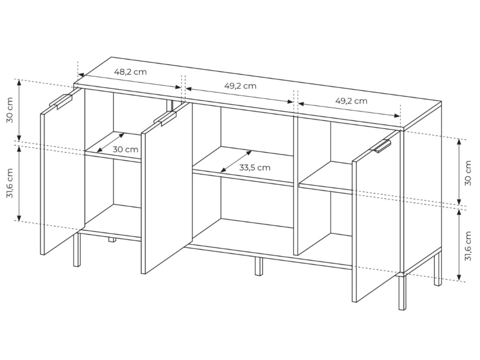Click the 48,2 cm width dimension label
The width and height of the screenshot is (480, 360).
point(130,72)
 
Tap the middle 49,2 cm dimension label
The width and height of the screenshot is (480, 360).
point(240,86)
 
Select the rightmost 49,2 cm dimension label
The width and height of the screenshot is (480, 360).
point(351,101)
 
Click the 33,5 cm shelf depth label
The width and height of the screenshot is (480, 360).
point(255,168)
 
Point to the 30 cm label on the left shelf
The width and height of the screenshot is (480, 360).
point(125,150)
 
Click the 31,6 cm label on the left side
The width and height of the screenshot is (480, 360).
point(10,183)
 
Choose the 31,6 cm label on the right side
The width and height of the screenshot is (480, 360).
point(468,246)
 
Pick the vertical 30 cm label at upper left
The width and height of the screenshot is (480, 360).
point(10,110)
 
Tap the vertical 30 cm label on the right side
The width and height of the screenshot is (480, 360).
point(468,173)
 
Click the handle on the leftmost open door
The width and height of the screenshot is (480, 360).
point(61,101)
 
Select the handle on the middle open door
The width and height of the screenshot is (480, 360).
point(165,118)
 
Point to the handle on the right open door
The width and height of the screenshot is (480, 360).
point(381,146)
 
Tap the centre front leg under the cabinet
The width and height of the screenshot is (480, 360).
point(259,266)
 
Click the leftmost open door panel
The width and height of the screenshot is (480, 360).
point(63,172)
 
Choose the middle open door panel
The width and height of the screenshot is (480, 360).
point(167,188)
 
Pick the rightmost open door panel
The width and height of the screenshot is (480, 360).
point(376,216)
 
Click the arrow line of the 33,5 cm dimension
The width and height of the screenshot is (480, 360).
point(236,161)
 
